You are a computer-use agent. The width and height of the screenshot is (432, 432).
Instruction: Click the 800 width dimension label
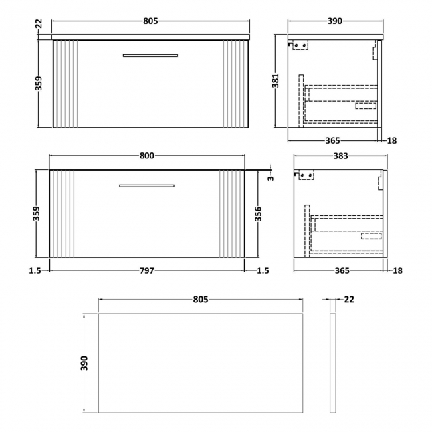pyautogui.click(x=147, y=156)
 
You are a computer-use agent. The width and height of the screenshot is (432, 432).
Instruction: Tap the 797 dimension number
pyautogui.click(x=147, y=270)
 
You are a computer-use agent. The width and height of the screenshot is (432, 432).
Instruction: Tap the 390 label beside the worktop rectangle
pyautogui.click(x=85, y=364)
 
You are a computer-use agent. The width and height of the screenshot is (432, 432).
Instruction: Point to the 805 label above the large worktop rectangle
pyautogui.click(x=201, y=300)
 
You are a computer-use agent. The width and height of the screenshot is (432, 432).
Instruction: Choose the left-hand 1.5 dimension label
pyautogui.click(x=36, y=270)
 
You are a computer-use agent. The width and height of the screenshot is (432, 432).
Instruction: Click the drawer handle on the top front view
pyautogui.click(x=150, y=55)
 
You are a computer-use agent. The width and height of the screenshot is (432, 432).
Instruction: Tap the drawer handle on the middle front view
pyautogui.click(x=147, y=185)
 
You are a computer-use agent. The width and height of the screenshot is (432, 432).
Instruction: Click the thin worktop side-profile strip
pyautogui.click(x=333, y=364)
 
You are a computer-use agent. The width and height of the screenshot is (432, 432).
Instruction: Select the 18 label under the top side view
pyautogui.click(x=392, y=140)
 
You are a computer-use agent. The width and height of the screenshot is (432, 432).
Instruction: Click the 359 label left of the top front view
pyautogui.click(x=39, y=83)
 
